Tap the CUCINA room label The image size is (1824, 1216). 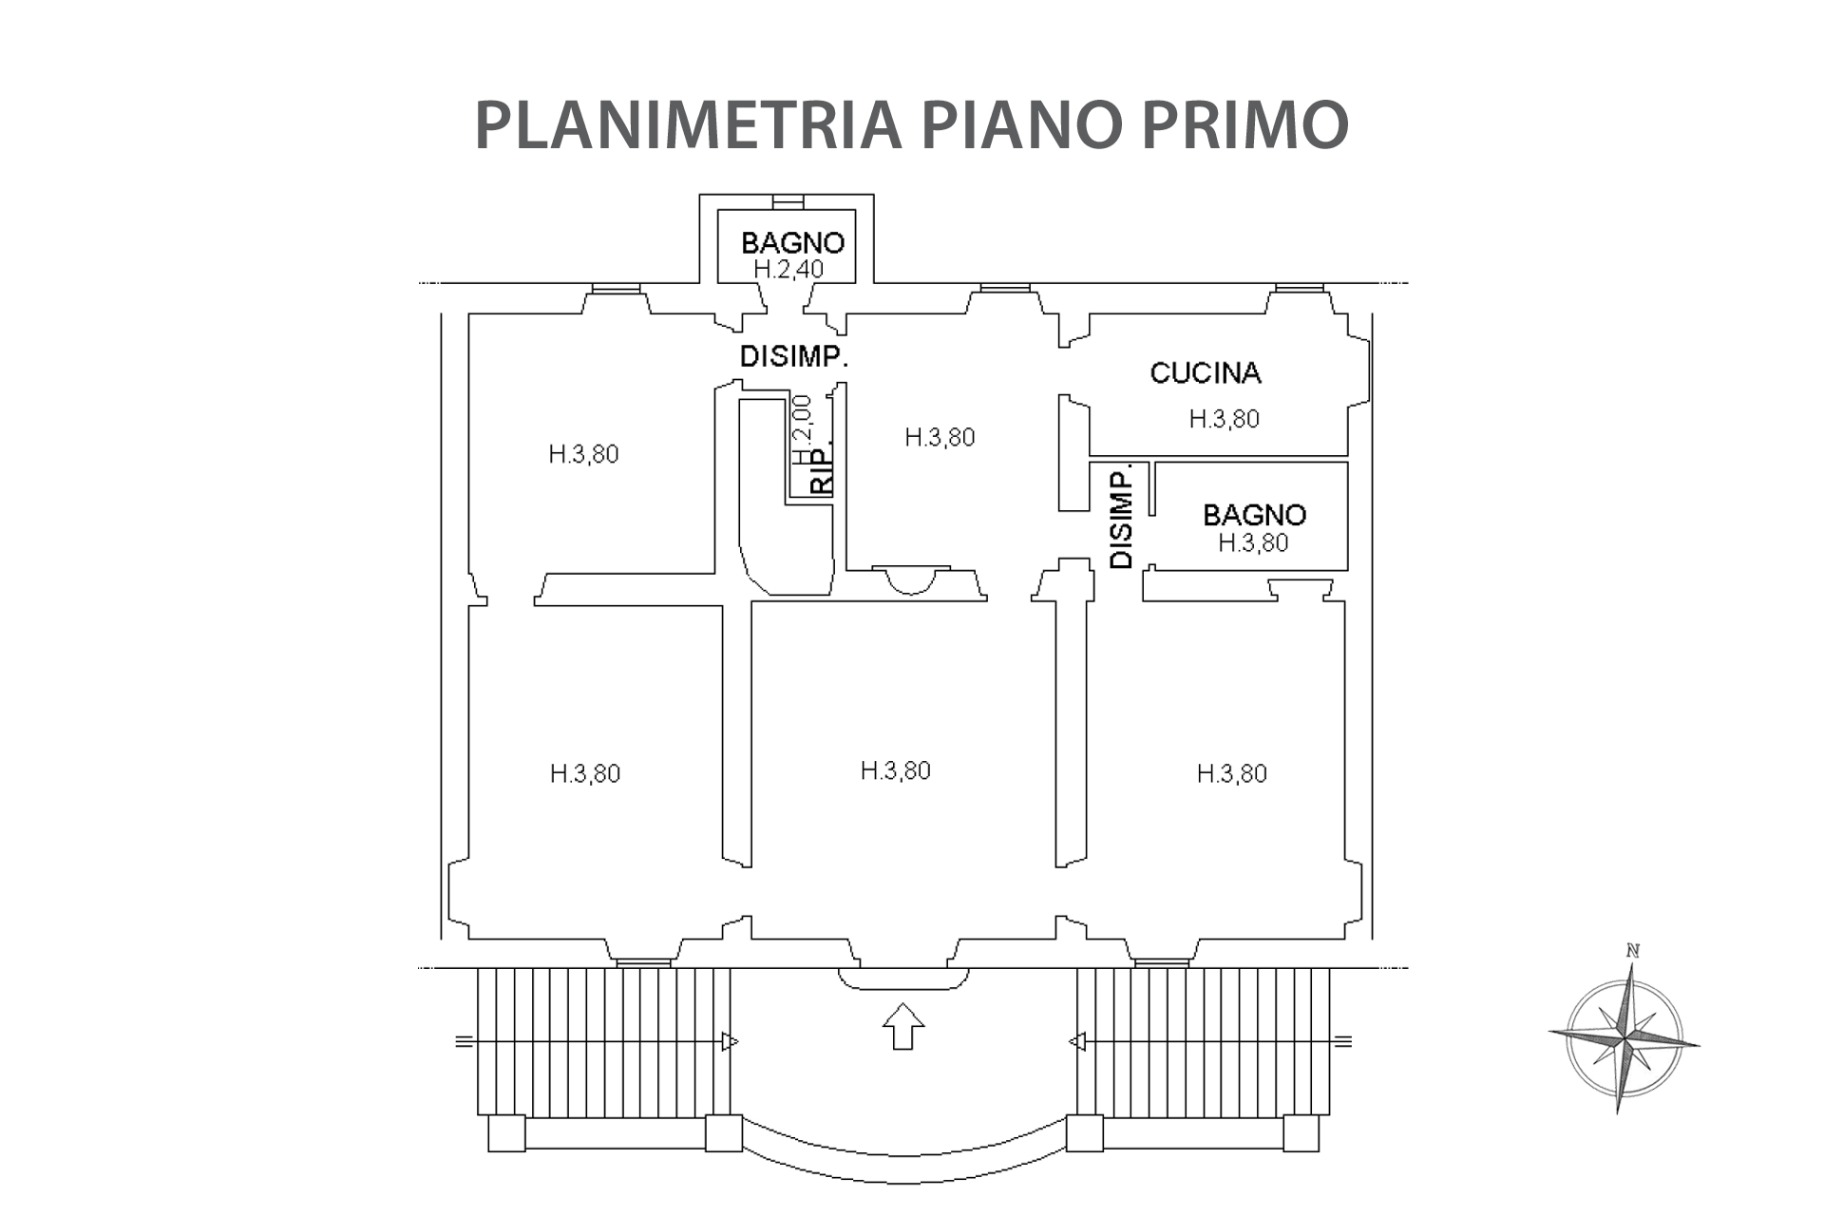point(1205,372)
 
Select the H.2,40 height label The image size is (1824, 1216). point(788,269)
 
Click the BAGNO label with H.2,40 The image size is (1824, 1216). point(792,243)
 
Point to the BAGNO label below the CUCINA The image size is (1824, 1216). point(1254,515)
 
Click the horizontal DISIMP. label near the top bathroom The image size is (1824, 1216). point(793,357)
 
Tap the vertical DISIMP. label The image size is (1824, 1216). point(1122,517)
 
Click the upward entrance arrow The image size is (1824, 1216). point(902,1026)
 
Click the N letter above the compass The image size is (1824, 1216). point(1633,950)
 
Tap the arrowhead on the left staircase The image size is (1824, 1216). point(730,1042)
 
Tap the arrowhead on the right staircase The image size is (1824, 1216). point(1077,1042)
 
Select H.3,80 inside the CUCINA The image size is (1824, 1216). point(1224,419)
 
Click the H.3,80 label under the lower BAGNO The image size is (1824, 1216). point(1253,542)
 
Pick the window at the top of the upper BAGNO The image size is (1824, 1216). point(788,201)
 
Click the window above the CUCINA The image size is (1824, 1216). point(1299,288)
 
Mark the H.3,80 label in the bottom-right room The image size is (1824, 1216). point(1231,773)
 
